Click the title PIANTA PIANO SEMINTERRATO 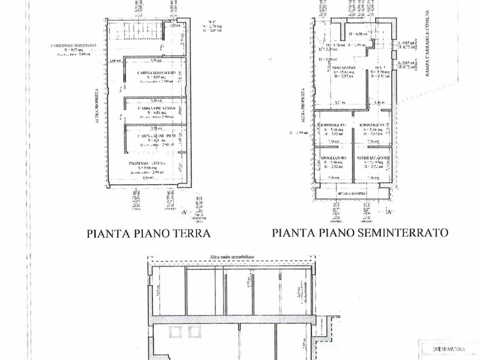pyautogui.click(x=360, y=233)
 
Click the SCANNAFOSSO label pyautogui.click(x=352, y=193)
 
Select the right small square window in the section pyautogui.click(x=194, y=332)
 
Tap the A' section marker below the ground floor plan pyautogui.click(x=184, y=212)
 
